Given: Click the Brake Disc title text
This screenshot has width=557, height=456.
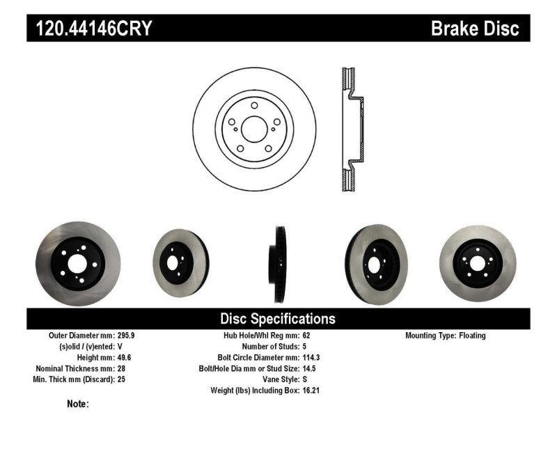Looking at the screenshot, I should coord(475,29).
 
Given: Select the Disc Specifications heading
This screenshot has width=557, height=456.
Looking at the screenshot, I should coord(278,319).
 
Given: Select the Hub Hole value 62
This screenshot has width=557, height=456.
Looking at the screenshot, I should coord(307,336).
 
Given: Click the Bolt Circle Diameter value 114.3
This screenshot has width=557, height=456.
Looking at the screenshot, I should coord(313,357).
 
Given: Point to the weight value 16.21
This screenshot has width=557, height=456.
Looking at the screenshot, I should coord(311,391).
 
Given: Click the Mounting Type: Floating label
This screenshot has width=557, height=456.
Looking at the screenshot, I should coord(446,336).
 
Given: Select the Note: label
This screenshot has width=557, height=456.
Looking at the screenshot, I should coord(77,404).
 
